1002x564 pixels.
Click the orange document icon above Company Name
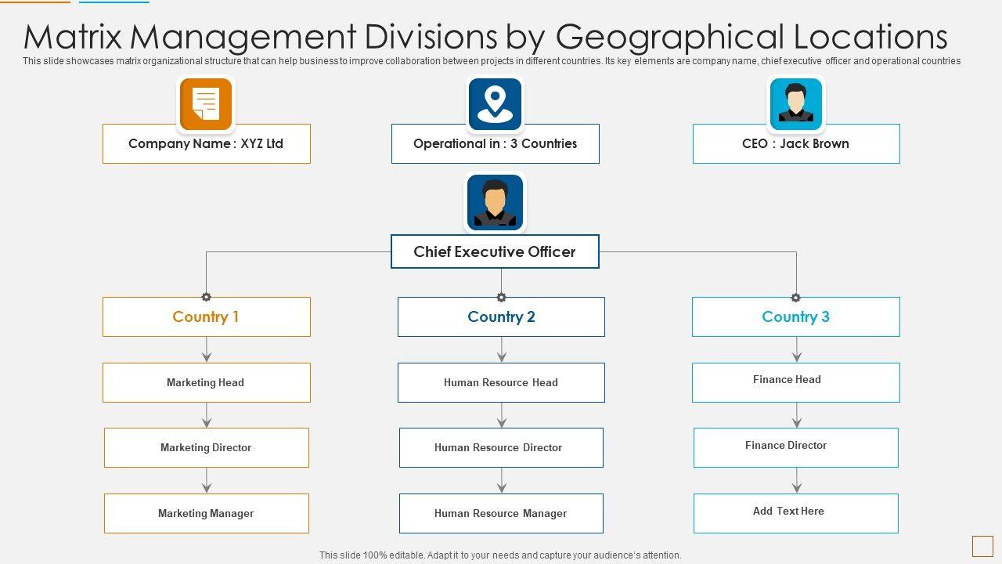(206, 103)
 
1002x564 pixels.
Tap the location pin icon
(495, 103)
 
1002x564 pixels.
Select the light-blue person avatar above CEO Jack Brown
(795, 103)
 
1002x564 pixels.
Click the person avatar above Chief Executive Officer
(495, 202)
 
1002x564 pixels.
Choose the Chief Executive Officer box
(495, 251)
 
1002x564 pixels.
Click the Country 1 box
(206, 316)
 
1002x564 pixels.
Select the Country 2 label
(501, 316)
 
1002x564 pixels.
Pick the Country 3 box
(795, 316)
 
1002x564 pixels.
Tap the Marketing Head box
(206, 382)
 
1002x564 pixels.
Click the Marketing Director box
(206, 447)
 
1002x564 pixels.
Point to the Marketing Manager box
(206, 513)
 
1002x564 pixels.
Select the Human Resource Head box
(501, 382)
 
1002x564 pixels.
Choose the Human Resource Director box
(501, 447)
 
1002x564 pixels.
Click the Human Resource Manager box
(501, 513)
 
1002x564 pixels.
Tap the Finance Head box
(795, 382)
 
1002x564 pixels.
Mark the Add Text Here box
(795, 513)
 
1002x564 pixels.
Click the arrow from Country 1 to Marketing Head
(207, 350)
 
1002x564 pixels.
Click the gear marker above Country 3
(796, 298)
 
